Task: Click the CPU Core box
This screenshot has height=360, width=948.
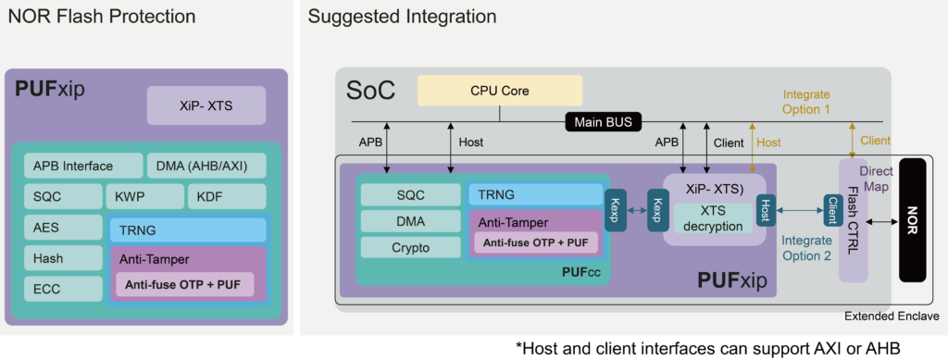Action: point(500,91)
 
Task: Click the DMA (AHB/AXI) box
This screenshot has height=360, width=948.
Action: point(206,166)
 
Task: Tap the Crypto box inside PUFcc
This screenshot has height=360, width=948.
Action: point(409,247)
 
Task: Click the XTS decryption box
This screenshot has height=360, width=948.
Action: point(715,218)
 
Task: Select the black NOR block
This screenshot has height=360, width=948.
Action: point(912,218)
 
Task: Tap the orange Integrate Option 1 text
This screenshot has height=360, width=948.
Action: point(806,102)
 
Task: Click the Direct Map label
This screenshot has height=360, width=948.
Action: point(875,179)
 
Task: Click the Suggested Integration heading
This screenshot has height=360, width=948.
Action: point(402,17)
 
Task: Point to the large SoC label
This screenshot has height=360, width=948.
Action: point(370,90)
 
